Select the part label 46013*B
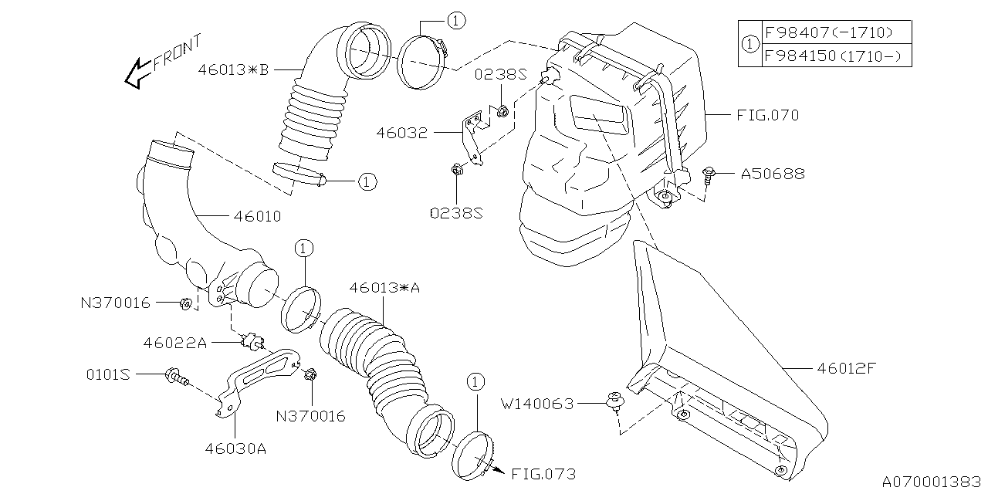pyautogui.click(x=232, y=69)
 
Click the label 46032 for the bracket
pyautogui.click(x=401, y=132)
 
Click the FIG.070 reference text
pyautogui.click(x=766, y=116)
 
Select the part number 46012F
pyautogui.click(x=846, y=368)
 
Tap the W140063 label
pyautogui.click(x=537, y=403)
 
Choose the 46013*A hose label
pyautogui.click(x=384, y=287)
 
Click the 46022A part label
pyautogui.click(x=174, y=342)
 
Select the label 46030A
pyautogui.click(x=235, y=447)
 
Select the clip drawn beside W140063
pyautogui.click(x=616, y=401)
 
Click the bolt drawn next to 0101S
pyautogui.click(x=177, y=377)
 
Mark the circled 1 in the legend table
pyautogui.click(x=749, y=44)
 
